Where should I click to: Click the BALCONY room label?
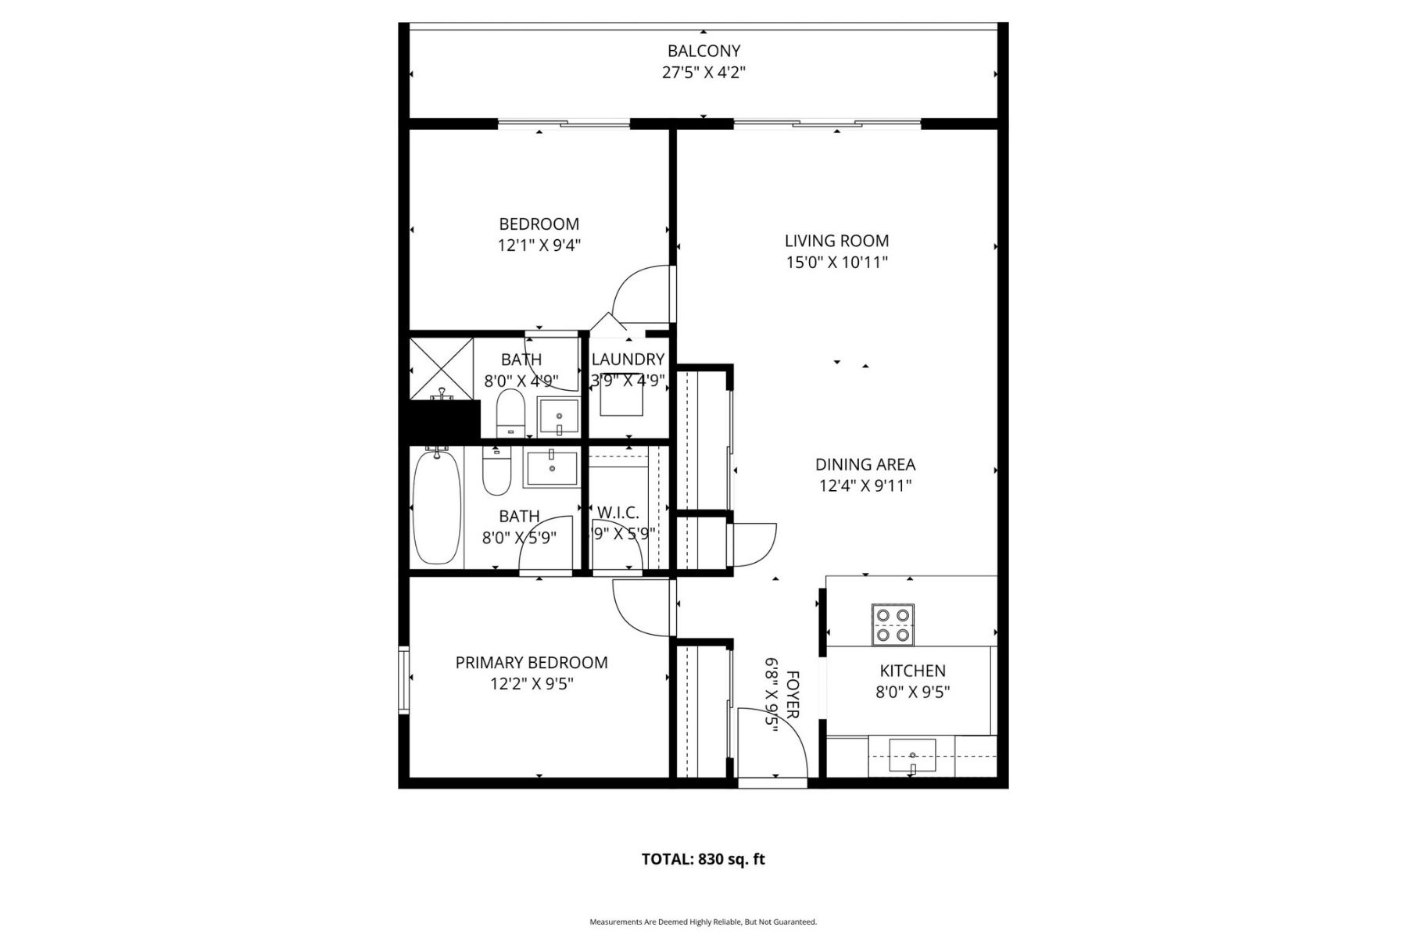point(703,51)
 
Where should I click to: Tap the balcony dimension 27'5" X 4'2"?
point(703,73)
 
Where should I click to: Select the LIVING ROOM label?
point(836,241)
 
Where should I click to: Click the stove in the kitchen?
point(893,625)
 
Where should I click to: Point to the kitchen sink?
point(912,755)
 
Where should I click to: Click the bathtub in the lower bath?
point(437,507)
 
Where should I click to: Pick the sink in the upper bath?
point(559,417)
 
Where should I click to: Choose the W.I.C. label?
point(618,513)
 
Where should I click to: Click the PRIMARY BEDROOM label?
point(532,663)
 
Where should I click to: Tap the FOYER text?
point(792,694)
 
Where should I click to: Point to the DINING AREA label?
point(865,464)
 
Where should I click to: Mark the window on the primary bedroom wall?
point(403,679)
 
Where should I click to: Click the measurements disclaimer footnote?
point(703,922)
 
